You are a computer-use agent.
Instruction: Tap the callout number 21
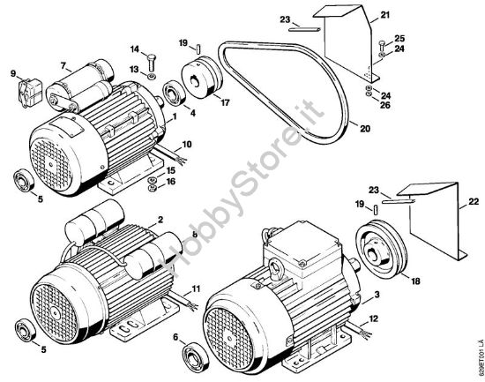click(384, 15)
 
